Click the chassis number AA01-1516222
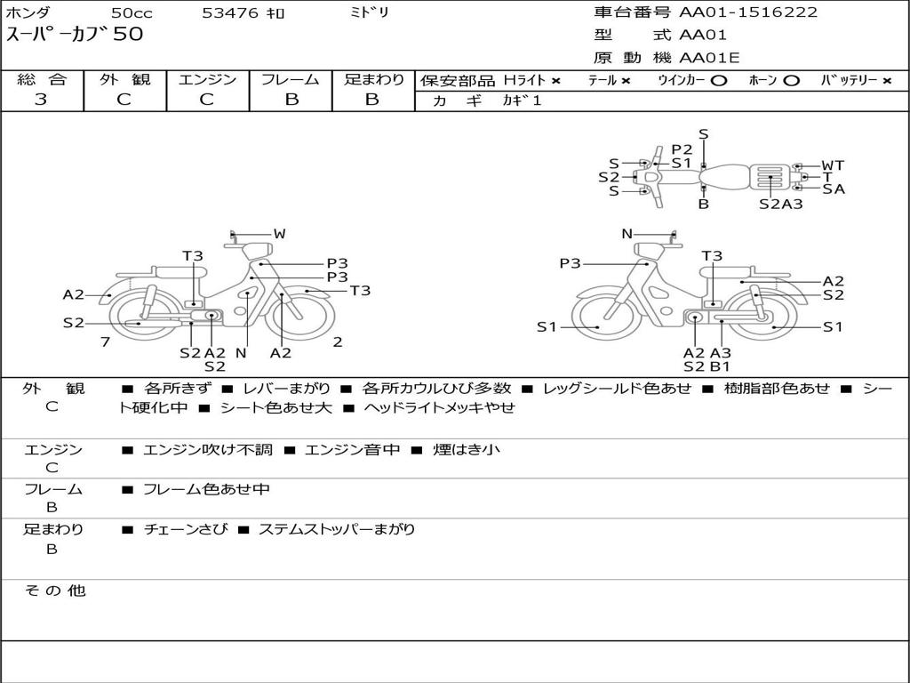click(x=748, y=12)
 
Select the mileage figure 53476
click(x=230, y=12)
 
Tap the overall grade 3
click(x=41, y=100)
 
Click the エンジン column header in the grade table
click(x=207, y=79)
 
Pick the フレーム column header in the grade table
click(x=291, y=79)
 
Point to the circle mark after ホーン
click(x=791, y=81)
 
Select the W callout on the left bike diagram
click(x=280, y=234)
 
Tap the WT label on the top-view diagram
click(x=833, y=165)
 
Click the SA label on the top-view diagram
click(x=834, y=189)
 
